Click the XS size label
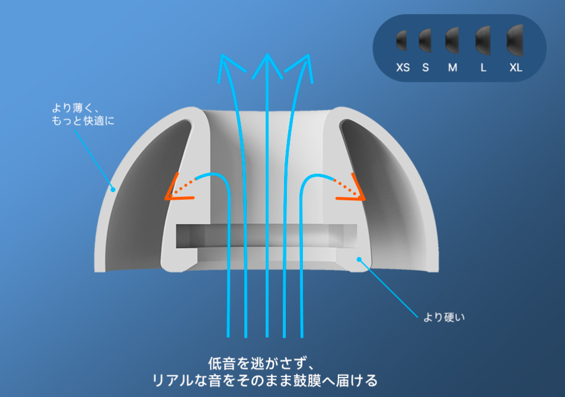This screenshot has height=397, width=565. point(403,68)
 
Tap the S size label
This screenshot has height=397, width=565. point(426,68)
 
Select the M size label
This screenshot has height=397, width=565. point(452,68)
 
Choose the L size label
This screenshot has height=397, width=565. point(483,68)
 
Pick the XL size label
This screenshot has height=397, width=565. point(516,68)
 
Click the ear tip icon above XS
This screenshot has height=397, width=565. point(401,40)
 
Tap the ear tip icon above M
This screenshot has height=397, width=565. point(452,40)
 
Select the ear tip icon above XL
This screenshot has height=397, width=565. point(515,40)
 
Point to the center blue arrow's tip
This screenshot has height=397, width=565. point(267,54)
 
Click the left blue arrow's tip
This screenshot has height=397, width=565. point(222,55)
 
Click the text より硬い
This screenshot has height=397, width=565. point(444,318)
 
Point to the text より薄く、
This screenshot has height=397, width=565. point(75,108)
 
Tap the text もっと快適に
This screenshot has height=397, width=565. point(83,121)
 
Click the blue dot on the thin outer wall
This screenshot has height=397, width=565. point(113,189)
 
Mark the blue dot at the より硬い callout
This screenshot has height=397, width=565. point(359,260)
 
